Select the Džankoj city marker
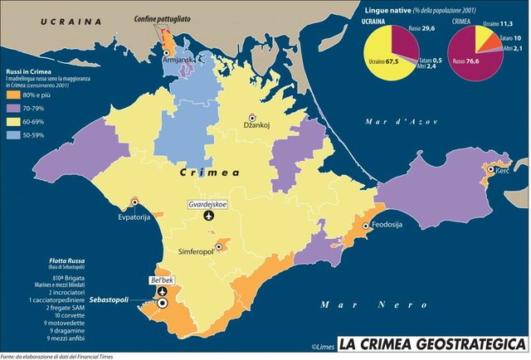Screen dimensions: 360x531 point(251,119)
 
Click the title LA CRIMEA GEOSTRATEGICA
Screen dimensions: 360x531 point(431,343)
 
